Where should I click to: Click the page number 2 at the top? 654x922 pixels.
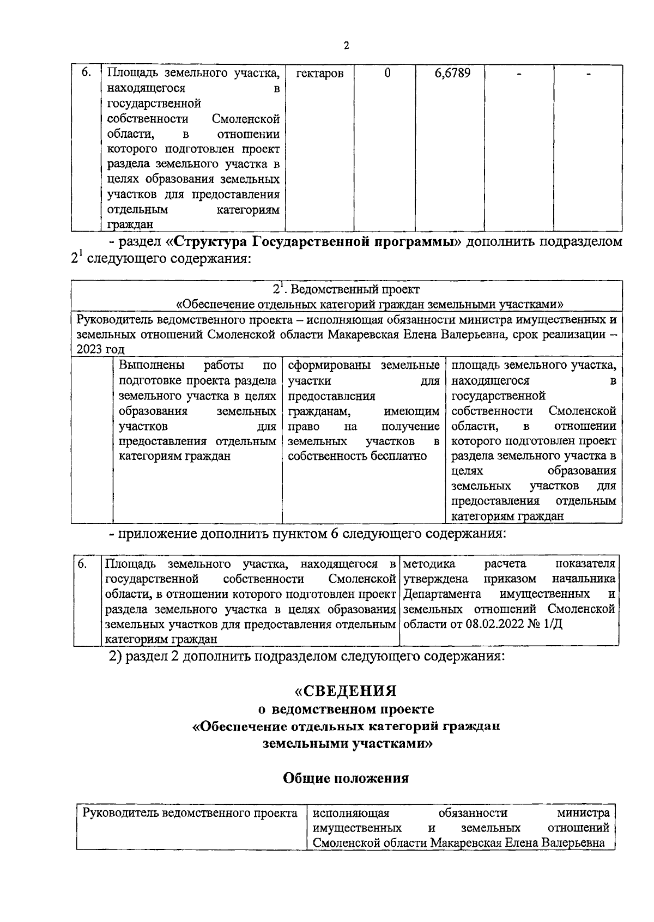346,46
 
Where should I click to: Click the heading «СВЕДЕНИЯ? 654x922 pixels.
345,691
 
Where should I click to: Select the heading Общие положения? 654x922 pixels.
346,778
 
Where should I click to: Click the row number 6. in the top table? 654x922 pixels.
86,73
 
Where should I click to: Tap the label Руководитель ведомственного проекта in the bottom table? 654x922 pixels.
190,814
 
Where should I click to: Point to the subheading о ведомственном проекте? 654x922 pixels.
346,709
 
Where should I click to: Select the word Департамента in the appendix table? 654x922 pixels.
441,593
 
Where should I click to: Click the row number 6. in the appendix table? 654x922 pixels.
82,563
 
